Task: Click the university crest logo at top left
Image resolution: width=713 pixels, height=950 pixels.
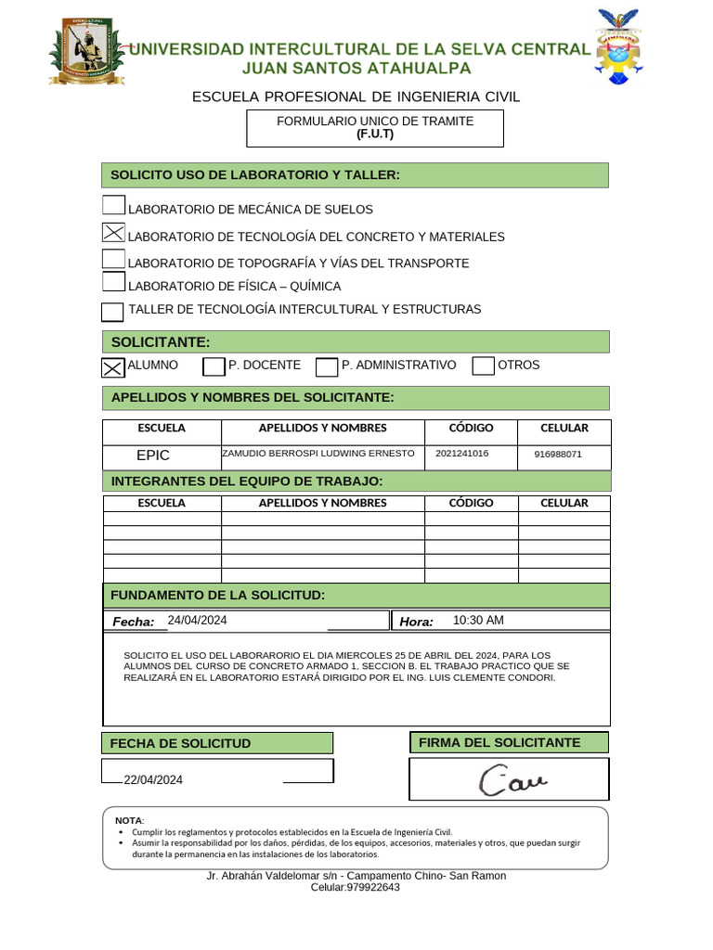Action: (85, 51)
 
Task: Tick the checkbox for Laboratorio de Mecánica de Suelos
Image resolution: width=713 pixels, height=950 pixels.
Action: (113, 207)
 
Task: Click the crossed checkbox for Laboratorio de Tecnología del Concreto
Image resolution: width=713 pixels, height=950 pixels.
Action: (113, 234)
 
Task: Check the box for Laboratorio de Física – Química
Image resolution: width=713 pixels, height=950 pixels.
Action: (113, 283)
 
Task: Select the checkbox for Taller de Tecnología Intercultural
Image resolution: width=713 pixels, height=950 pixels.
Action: (112, 311)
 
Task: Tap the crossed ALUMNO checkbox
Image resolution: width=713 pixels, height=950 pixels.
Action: (112, 367)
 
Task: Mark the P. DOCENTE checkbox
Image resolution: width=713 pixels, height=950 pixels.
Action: (214, 366)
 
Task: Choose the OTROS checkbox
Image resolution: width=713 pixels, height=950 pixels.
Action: (483, 366)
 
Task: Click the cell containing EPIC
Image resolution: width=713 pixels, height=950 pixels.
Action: (153, 456)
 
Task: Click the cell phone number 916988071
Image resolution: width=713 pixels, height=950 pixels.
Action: (558, 455)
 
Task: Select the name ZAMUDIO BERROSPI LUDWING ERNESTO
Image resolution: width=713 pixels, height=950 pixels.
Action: (318, 454)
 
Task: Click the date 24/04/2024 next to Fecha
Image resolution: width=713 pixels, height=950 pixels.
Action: (197, 621)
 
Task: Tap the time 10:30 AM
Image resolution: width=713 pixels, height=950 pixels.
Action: (478, 621)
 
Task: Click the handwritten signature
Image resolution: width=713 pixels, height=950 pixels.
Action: (513, 780)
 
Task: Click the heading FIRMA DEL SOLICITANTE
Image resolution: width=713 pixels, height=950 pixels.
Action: (499, 742)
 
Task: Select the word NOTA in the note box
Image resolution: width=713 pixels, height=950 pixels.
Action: (128, 821)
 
